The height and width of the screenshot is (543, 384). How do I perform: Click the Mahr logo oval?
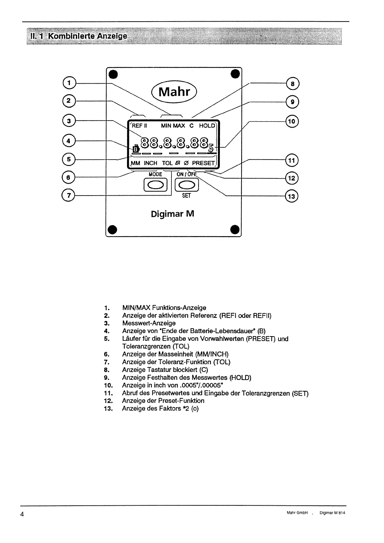tap(175, 92)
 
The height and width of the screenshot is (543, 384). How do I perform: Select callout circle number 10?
tap(292, 121)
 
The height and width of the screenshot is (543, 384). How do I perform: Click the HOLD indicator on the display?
tap(206, 125)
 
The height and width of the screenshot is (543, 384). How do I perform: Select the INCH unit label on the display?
tap(151, 163)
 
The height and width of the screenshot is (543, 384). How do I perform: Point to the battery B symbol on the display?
tap(136, 149)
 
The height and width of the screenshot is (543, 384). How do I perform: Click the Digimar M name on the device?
tap(172, 214)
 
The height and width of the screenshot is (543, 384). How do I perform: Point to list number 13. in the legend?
tap(108, 409)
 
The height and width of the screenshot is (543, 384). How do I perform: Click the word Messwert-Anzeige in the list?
tap(149, 323)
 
